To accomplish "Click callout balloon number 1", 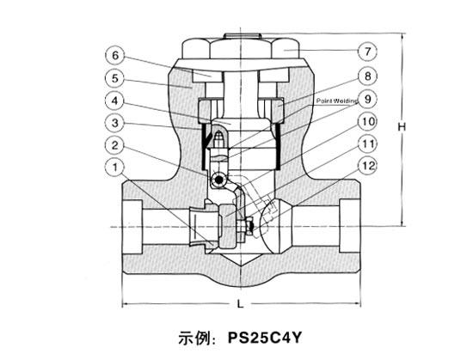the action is point(115,168).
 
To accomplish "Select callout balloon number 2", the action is point(115,146).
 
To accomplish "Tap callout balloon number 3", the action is point(115,123).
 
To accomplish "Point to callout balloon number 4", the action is point(115,101).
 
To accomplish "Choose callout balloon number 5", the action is point(115,79).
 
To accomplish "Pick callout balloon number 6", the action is point(115,56).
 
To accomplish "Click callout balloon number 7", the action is point(367,52).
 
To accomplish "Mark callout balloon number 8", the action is point(367,76).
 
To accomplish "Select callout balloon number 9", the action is point(367,99).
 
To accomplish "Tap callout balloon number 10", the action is point(367,122).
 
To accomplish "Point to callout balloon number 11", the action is point(367,144).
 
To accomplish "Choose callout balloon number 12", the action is point(367,166).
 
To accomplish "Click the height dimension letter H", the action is point(402,127).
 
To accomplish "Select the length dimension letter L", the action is point(240,304).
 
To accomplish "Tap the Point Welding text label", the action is point(336,101).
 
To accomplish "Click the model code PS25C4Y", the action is point(264,338).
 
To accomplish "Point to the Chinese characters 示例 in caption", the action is point(194,338).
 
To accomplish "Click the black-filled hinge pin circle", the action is point(218,180).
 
